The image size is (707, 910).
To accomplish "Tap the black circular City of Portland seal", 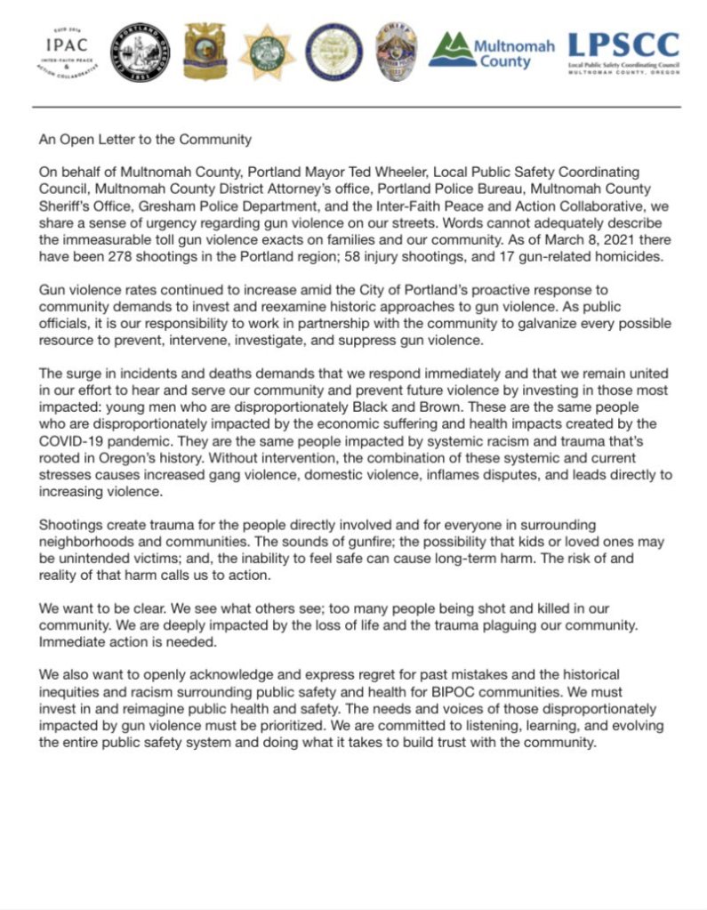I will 141,52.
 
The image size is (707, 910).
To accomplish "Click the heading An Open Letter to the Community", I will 145,139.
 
